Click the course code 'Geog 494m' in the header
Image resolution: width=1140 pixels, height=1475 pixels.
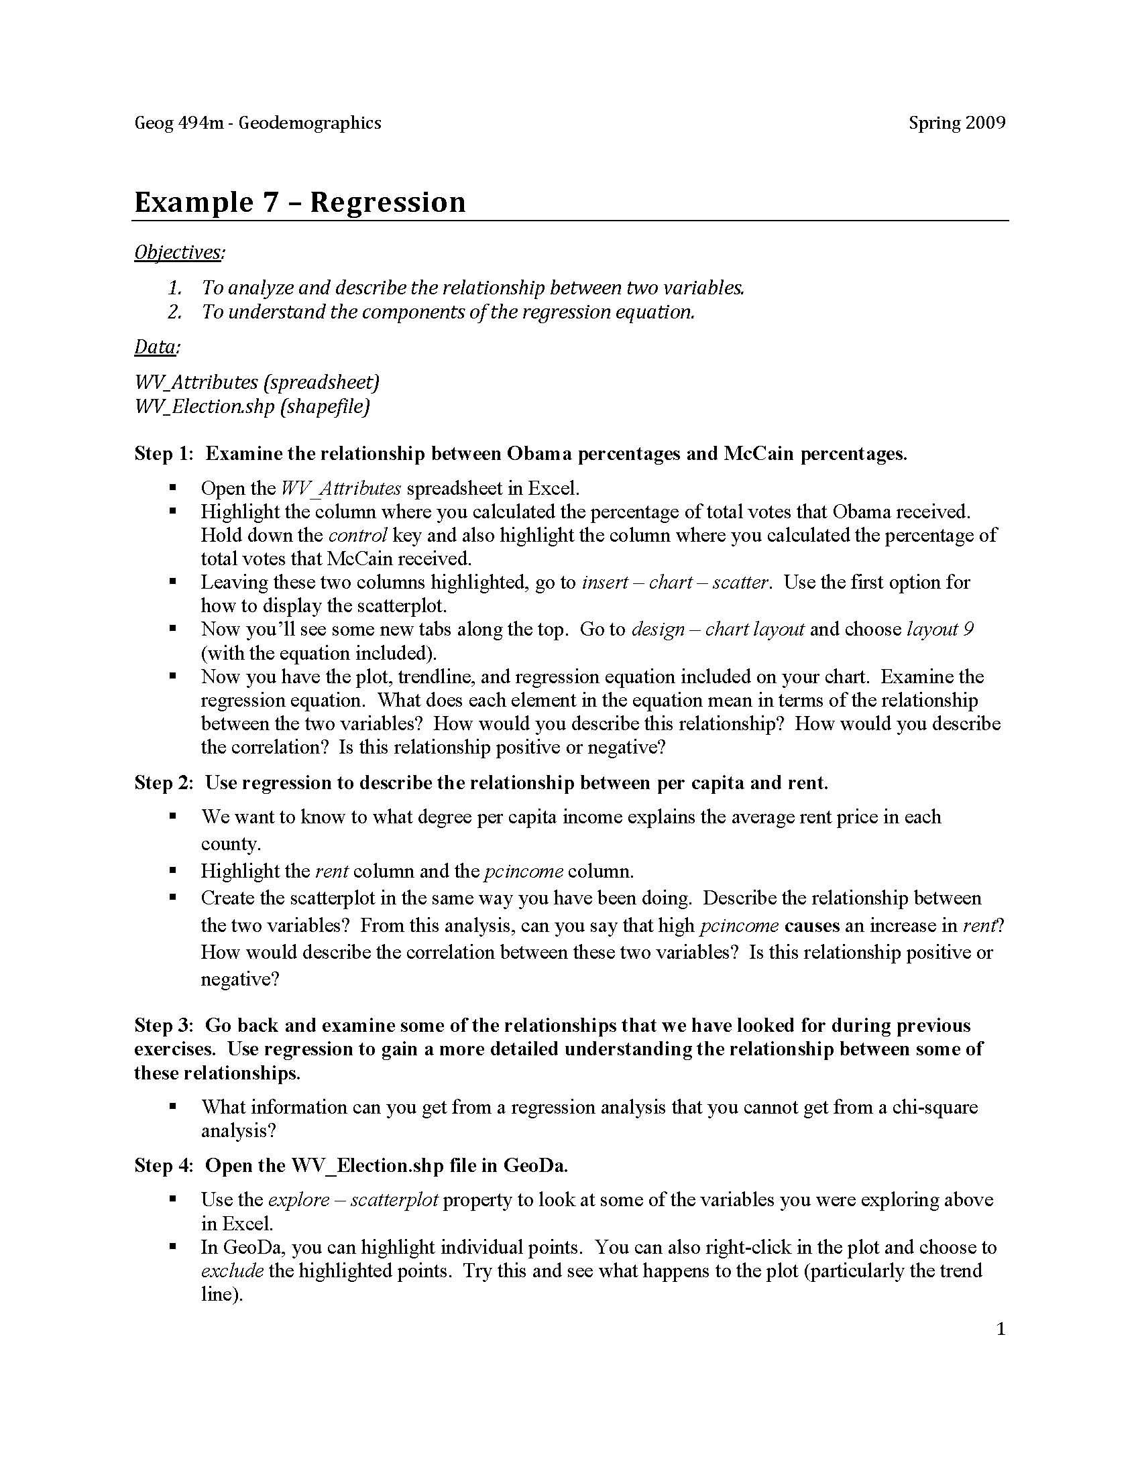(x=178, y=123)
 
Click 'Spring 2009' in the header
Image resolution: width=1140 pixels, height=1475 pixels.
(x=956, y=123)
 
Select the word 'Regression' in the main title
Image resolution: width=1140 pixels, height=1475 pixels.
(x=388, y=202)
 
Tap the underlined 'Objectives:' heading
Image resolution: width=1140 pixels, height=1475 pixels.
(x=180, y=252)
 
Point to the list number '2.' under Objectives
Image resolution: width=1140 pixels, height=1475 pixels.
(x=175, y=312)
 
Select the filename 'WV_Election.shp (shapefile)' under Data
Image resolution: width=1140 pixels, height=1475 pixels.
(x=252, y=406)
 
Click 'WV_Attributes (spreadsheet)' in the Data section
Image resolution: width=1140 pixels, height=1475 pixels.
(x=257, y=382)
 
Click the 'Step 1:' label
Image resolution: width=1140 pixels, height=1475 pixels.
(x=164, y=453)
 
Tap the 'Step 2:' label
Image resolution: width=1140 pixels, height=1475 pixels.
(x=164, y=782)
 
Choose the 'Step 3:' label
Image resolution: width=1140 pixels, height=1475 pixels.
(x=164, y=1025)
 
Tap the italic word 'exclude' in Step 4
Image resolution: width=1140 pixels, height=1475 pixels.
(x=231, y=1271)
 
